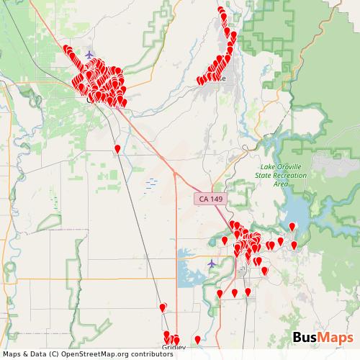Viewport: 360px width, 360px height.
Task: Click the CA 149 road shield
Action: point(207,198)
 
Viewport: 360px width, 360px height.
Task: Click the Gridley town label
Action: point(173,347)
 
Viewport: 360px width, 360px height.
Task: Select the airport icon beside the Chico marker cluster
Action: point(89,55)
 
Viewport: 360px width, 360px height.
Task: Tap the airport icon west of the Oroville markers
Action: point(211,264)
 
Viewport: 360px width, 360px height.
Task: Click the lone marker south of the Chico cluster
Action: point(117,149)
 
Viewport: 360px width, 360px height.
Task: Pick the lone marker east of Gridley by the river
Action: point(197,340)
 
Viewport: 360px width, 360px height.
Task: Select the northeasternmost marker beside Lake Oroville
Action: point(292,228)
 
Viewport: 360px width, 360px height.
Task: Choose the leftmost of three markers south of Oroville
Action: point(220,294)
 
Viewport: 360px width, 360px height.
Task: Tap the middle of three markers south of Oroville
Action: point(235,293)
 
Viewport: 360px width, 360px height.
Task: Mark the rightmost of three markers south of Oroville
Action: point(248,292)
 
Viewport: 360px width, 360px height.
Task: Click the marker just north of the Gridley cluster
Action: point(163,307)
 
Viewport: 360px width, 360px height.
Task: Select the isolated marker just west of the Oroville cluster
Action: point(225,240)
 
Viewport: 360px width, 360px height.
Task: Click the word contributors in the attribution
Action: point(152,354)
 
